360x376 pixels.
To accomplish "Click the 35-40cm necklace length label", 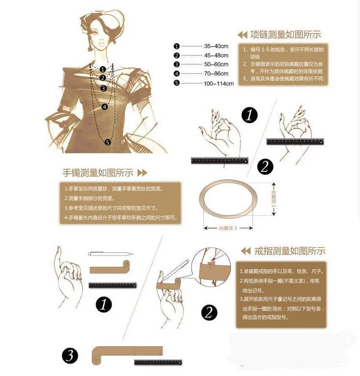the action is [216, 46].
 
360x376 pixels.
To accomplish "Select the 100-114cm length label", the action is [219, 84].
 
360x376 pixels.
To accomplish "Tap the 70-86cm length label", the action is [216, 74].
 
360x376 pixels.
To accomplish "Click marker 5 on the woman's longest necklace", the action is [108, 142].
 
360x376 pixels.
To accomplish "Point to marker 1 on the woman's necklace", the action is [102, 69].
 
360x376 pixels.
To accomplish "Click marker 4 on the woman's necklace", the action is [105, 107].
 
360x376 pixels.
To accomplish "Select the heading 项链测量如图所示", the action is [285, 35].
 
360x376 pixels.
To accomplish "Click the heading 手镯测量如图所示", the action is [98, 173].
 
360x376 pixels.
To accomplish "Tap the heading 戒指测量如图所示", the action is [290, 251].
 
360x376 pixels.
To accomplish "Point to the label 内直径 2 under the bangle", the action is [228, 228].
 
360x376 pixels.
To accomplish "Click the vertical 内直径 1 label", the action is [274, 199].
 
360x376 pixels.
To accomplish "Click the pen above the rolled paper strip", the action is [111, 253].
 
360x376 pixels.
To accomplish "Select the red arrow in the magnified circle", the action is [213, 259].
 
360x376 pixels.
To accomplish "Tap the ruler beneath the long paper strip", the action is [158, 362].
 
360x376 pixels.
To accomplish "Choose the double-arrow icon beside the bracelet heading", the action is [142, 173].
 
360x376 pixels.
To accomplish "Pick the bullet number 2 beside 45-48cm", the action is [177, 56].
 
